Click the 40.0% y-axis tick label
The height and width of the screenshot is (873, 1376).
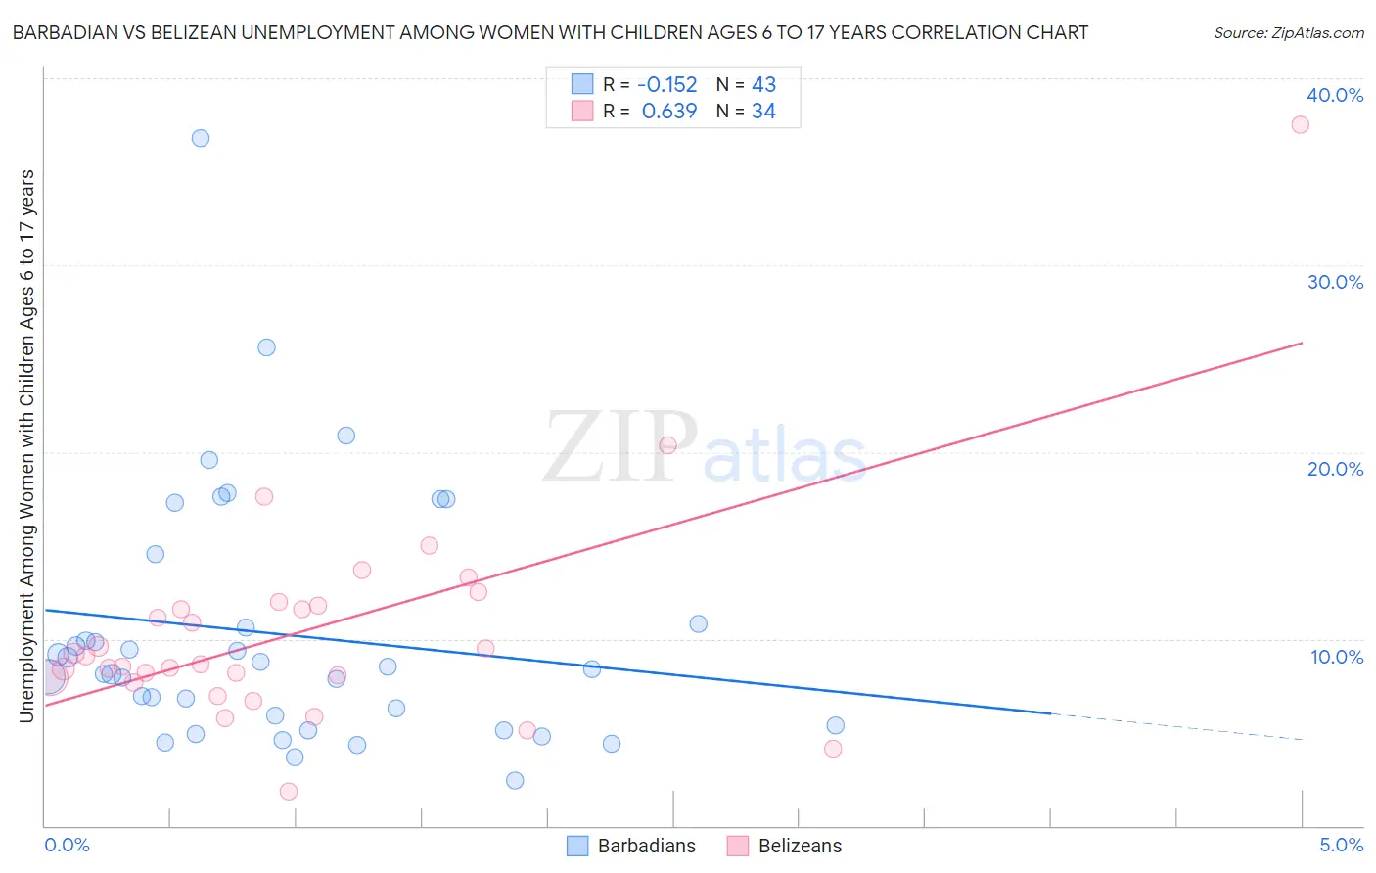click(1335, 95)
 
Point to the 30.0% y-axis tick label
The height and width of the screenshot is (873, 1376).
click(1335, 282)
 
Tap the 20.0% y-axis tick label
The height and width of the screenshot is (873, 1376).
click(1335, 469)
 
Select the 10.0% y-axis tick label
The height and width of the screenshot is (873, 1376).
click(1337, 657)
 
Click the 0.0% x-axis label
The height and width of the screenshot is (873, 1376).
click(67, 845)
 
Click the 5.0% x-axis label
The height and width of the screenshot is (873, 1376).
click(1341, 845)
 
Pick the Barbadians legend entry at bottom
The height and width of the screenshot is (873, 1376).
click(632, 846)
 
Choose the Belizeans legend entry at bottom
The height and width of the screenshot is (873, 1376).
click(785, 846)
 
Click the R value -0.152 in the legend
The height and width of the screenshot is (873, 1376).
click(666, 84)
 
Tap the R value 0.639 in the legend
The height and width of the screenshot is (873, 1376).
click(669, 112)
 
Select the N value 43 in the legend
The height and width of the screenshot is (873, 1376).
click(763, 84)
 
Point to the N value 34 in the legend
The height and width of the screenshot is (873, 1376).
click(763, 112)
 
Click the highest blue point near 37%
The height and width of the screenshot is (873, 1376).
click(201, 138)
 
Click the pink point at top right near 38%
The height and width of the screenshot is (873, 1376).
click(1300, 124)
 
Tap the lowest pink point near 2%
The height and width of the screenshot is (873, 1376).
click(289, 792)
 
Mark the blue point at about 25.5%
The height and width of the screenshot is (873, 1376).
click(266, 347)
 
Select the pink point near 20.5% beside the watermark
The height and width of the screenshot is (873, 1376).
click(668, 445)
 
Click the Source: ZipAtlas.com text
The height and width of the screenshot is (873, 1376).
click(1288, 33)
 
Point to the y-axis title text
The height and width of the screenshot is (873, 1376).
click(27, 446)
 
